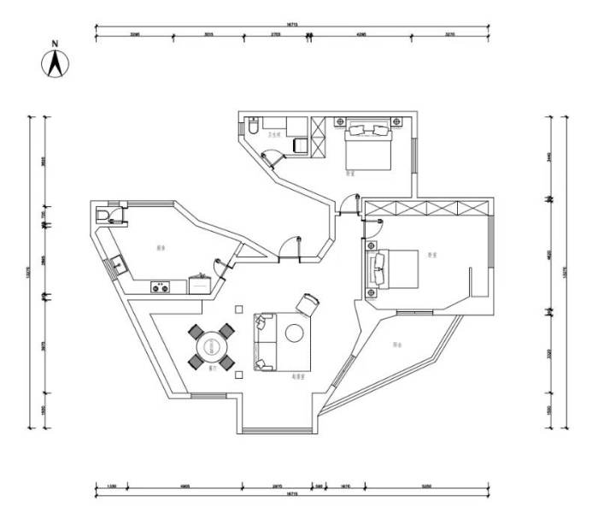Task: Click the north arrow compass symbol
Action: coord(56,62)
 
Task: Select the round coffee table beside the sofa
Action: coord(295,333)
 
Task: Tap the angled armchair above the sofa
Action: coord(308,304)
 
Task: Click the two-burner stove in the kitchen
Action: coord(159,287)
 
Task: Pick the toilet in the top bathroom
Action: coord(255,127)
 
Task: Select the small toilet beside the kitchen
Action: coord(103,215)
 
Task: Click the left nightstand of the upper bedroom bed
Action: coord(339,122)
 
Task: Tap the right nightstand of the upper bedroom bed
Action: coord(396,122)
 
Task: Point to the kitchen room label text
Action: coord(160,248)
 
